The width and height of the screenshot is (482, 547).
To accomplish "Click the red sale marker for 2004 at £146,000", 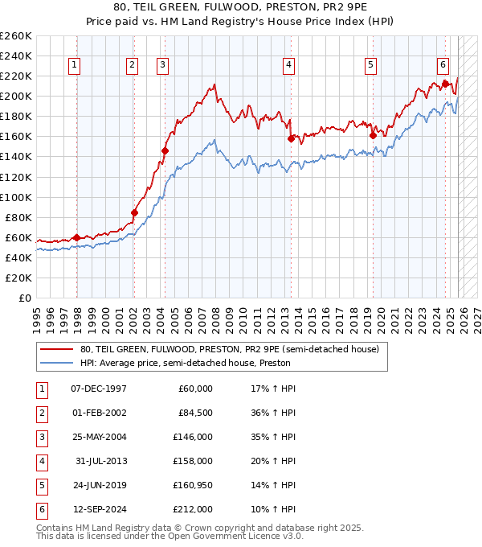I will point(165,150).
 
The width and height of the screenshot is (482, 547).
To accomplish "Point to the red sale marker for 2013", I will point(291,138).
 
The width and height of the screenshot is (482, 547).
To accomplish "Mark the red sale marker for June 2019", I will point(374,136).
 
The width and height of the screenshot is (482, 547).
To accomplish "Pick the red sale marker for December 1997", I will point(76,237).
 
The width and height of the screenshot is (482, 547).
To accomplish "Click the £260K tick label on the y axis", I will point(16,36).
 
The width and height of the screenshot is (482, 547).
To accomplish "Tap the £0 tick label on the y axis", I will point(26,298).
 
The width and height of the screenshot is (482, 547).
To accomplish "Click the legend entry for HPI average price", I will point(185,363).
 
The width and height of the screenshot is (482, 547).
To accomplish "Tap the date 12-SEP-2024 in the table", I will point(100,509).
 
